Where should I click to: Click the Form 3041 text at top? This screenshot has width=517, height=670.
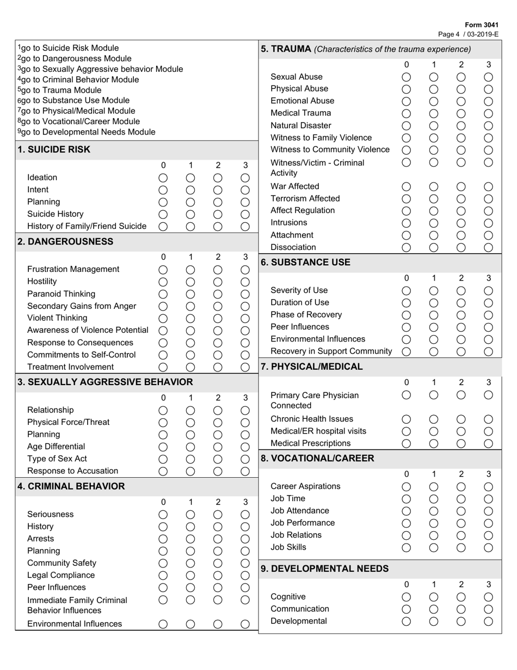click(x=483, y=25)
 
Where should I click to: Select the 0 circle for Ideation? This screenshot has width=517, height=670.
click(x=163, y=178)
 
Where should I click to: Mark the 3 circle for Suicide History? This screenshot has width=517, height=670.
click(x=245, y=214)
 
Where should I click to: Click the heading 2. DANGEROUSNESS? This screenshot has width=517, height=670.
click(x=65, y=241)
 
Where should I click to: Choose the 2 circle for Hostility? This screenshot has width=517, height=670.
click(x=218, y=282)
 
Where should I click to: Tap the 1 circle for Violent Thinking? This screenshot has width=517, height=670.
click(x=190, y=318)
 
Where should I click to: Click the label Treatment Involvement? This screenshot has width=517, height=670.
click(x=70, y=367)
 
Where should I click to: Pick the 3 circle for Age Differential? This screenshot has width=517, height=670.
click(x=245, y=447)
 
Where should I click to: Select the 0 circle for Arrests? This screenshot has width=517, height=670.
click(x=163, y=539)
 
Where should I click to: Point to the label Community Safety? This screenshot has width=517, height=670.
click(x=61, y=563)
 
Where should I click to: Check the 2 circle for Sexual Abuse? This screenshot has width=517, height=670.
click(x=461, y=77)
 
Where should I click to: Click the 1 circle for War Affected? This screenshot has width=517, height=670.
click(x=434, y=186)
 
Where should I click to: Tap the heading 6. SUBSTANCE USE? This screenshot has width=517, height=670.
click(x=305, y=262)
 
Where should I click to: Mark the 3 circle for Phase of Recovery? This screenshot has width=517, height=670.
click(x=488, y=315)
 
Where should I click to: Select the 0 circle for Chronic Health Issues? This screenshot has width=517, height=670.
click(x=406, y=419)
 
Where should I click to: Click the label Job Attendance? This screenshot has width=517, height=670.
click(x=299, y=511)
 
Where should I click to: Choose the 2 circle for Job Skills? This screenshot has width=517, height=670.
click(x=461, y=547)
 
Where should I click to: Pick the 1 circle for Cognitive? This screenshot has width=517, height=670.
click(x=434, y=597)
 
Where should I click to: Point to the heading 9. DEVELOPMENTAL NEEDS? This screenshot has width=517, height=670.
click(x=324, y=569)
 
